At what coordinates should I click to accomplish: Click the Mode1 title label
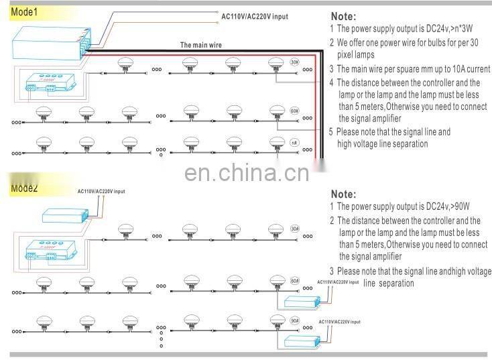point(24,11)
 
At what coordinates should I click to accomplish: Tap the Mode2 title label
point(24,188)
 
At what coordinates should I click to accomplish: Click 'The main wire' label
point(201,46)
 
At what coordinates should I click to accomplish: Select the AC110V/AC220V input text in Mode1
point(254,15)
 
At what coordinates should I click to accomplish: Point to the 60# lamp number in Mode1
point(295,109)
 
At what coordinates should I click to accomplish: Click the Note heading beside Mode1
point(343,17)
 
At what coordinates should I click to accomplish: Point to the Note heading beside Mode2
point(343,194)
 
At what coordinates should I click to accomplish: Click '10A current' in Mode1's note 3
point(465,69)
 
